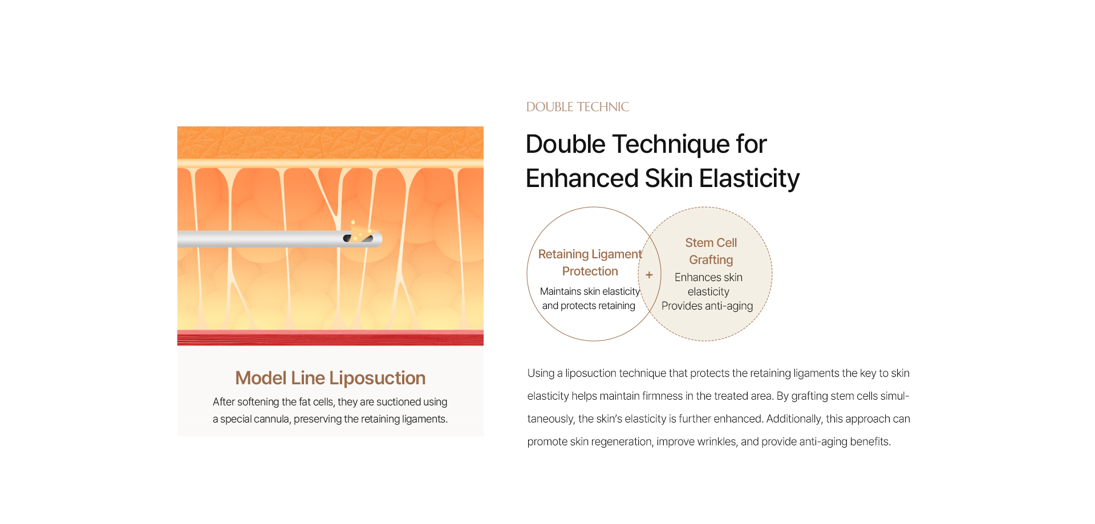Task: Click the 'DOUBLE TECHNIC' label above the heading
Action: point(577,107)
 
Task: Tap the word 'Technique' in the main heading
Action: point(671,144)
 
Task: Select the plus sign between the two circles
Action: point(649,275)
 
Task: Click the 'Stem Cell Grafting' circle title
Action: point(711,251)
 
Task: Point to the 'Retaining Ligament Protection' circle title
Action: point(590,263)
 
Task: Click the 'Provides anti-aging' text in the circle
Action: point(707,306)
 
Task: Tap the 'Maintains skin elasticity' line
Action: point(590,291)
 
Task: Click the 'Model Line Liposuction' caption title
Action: point(331,378)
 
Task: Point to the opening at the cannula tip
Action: point(358,238)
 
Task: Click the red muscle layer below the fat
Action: point(330,338)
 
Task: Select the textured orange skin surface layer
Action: point(330,143)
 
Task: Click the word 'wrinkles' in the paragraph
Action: point(719,442)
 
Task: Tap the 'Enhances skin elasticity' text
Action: point(708,285)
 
